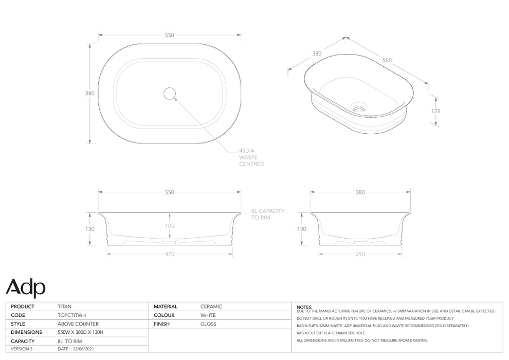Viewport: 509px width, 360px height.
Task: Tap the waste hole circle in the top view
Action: tap(170, 93)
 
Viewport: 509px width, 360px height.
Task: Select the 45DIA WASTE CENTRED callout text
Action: tap(251, 157)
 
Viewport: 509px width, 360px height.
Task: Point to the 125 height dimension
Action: tap(436, 111)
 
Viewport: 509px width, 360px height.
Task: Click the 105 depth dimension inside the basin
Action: tap(170, 225)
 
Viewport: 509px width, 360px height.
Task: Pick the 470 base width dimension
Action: tap(170, 254)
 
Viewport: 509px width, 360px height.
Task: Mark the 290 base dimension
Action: tap(360, 254)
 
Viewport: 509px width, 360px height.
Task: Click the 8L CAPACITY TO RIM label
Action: tap(267, 214)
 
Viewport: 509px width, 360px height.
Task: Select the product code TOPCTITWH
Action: tap(72, 315)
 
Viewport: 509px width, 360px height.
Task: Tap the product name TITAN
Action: tap(65, 307)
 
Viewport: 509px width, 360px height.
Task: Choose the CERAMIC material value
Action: tap(211, 307)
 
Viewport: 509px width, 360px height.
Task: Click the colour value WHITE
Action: tap(208, 315)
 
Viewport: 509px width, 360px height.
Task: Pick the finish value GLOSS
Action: tap(208, 324)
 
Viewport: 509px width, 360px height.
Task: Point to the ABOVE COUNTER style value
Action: tap(78, 324)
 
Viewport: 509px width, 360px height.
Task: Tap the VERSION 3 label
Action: tap(22, 349)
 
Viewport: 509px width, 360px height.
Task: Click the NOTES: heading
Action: tap(304, 307)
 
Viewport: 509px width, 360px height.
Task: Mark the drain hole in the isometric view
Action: tap(358, 108)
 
